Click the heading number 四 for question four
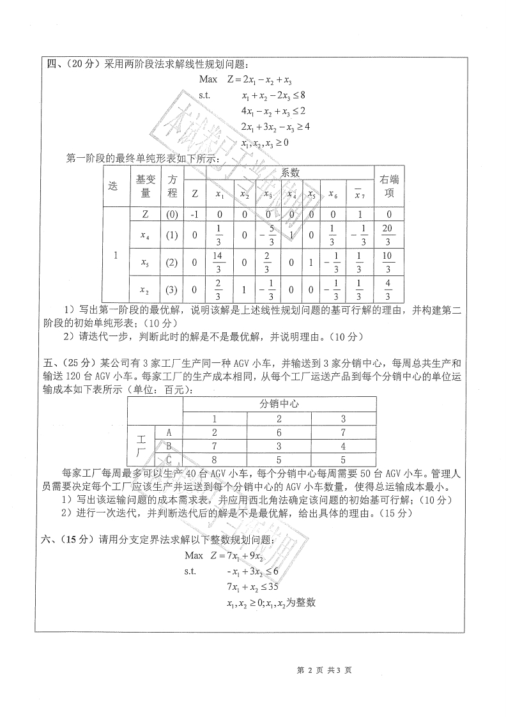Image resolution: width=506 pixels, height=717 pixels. click(52, 65)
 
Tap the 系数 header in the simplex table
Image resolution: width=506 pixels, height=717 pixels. click(291, 172)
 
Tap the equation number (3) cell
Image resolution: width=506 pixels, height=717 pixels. click(172, 290)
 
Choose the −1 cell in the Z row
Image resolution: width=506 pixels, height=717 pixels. click(195, 215)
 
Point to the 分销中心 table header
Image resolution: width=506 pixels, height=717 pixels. click(279, 404)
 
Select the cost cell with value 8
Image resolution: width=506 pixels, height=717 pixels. click(215, 459)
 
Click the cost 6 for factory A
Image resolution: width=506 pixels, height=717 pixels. click(279, 432)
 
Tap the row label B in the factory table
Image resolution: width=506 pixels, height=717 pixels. click(169, 445)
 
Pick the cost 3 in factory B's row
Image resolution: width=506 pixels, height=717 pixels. click(279, 445)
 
